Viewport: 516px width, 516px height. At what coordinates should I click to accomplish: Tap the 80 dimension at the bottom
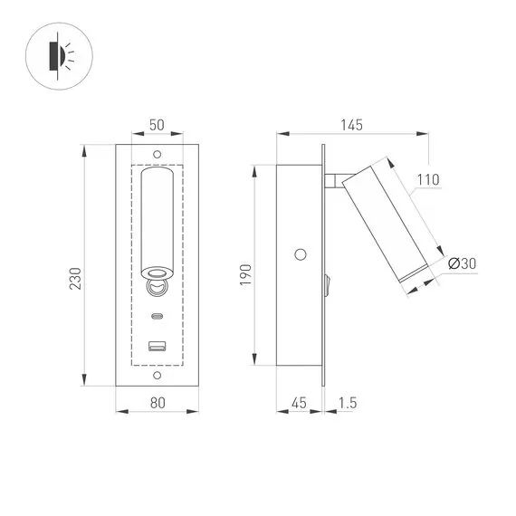(158, 405)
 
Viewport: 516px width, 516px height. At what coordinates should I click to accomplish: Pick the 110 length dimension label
(428, 180)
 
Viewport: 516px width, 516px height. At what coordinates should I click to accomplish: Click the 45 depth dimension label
(299, 405)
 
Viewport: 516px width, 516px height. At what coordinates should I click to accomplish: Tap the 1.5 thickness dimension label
(346, 405)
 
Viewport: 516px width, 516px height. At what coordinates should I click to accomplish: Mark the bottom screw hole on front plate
(158, 374)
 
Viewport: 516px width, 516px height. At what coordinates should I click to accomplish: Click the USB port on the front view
(158, 345)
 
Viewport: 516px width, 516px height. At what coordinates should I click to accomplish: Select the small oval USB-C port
(158, 317)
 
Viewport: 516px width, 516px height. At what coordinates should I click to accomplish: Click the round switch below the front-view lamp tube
(158, 287)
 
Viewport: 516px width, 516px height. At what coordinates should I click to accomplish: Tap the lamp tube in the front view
(158, 222)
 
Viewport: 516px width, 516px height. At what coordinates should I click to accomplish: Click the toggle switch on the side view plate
(328, 287)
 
